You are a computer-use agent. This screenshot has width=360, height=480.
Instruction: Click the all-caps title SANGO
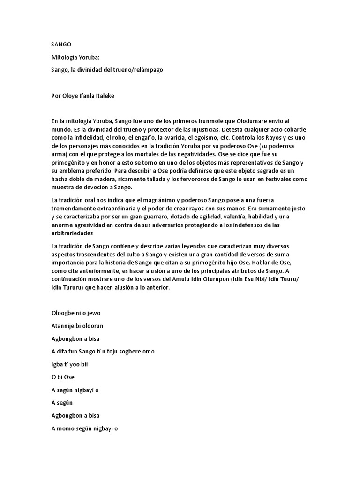(x=61, y=44)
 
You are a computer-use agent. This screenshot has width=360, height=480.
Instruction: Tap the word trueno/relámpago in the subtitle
(x=141, y=70)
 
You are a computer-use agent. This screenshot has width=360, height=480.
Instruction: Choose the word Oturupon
(x=220, y=279)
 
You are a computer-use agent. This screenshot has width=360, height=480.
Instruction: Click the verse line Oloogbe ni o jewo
(x=76, y=313)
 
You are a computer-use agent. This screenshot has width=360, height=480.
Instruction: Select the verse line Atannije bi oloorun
(x=77, y=326)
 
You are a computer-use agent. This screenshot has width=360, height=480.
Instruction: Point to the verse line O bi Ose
(x=63, y=377)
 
